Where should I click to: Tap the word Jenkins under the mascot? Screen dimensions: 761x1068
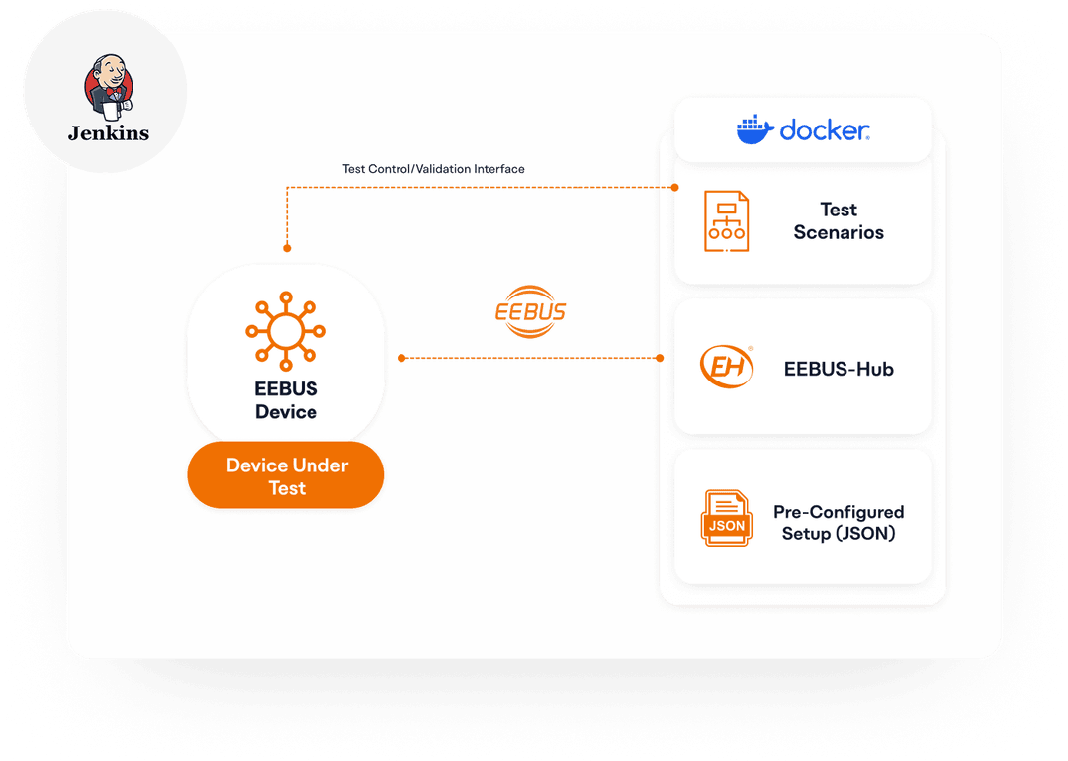click(x=109, y=132)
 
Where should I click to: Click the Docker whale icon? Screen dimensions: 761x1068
click(x=755, y=129)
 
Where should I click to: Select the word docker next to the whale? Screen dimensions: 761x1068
click(x=825, y=129)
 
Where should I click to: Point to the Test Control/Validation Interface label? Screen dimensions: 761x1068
click(x=433, y=169)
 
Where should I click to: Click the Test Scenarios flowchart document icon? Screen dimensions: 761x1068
click(x=726, y=221)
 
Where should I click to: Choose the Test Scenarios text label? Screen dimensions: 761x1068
click(x=839, y=221)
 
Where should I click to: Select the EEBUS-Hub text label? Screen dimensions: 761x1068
click(x=839, y=369)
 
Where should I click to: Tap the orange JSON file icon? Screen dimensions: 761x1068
click(x=726, y=518)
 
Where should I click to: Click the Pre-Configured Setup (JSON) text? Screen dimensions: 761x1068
click(x=839, y=523)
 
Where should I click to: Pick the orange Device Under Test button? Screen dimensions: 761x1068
click(x=286, y=475)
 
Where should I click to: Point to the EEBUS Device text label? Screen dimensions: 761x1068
click(x=286, y=400)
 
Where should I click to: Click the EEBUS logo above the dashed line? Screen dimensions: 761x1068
click(x=530, y=311)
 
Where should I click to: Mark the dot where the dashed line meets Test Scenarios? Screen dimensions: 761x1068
click(x=675, y=187)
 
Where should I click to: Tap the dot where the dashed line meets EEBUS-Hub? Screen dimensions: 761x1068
click(x=662, y=357)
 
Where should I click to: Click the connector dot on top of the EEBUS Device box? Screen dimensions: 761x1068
click(x=287, y=248)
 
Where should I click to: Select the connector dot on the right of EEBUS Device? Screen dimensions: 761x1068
click(x=401, y=357)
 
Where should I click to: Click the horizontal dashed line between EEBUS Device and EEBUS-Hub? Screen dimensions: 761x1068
click(x=531, y=357)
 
